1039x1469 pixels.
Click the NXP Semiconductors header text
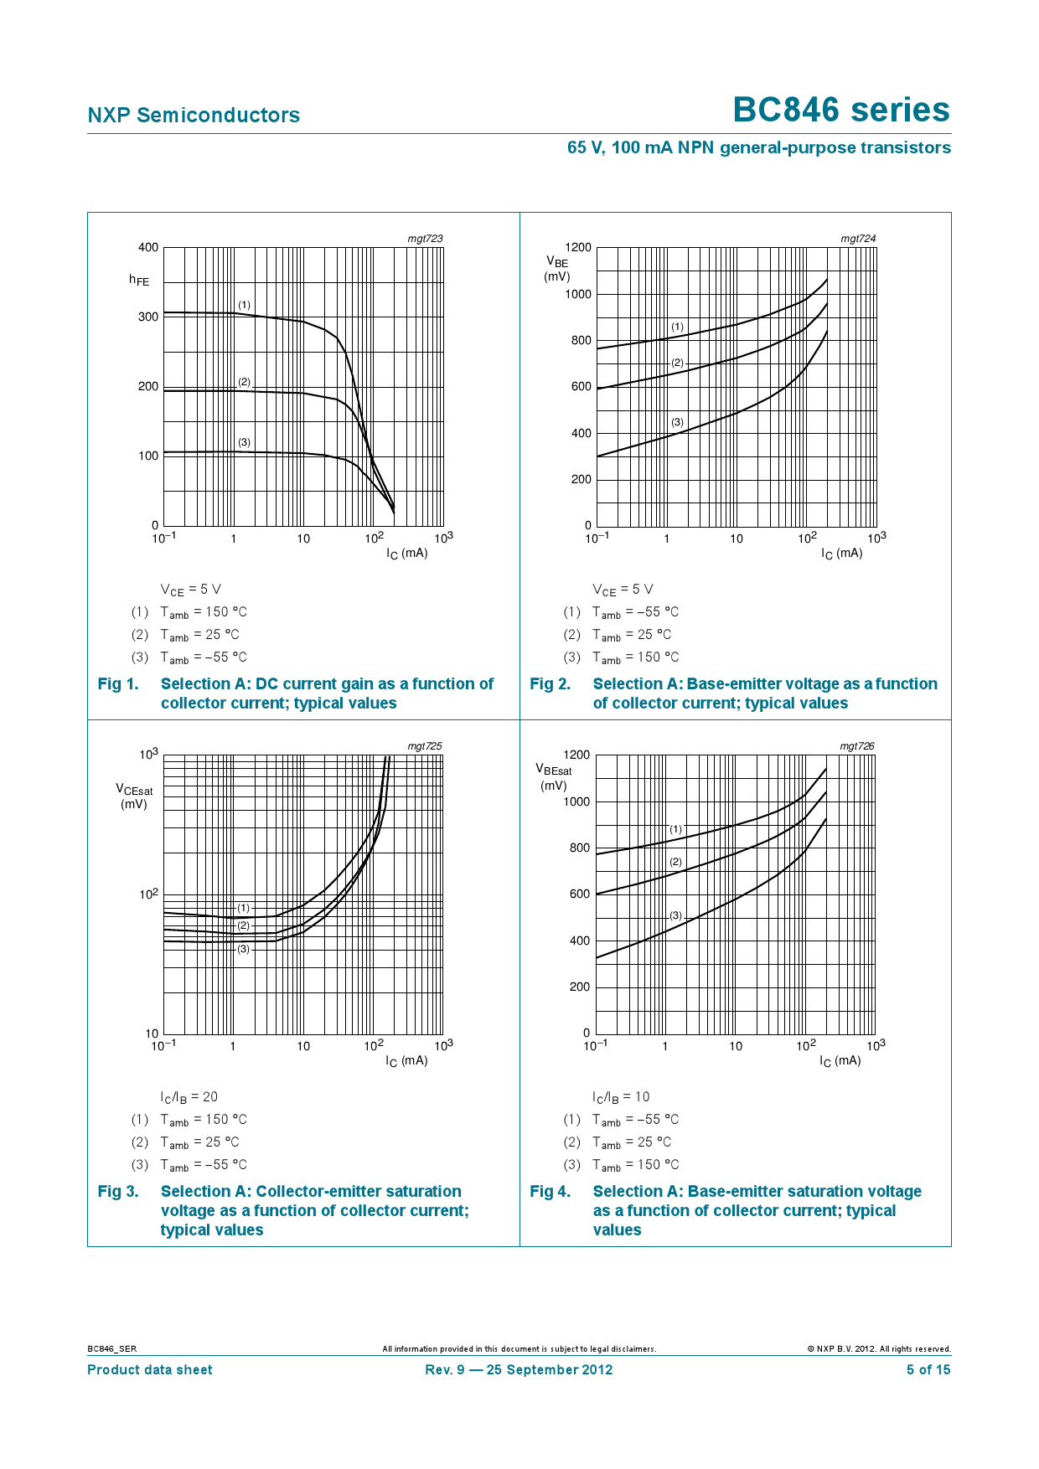pos(194,116)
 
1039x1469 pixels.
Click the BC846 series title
pos(841,110)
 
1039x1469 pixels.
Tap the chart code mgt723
pos(425,239)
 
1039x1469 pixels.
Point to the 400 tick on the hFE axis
pos(148,247)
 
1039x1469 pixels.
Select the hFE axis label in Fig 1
pos(139,280)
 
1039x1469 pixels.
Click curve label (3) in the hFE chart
pos(244,442)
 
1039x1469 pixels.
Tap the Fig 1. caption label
pos(118,683)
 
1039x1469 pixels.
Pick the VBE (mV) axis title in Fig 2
pos(557,269)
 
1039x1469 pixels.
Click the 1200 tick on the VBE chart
pos(578,247)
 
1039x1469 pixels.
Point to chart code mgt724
pos(858,239)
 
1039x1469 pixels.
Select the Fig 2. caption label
pos(551,683)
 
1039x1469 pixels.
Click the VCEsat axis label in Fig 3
pos(134,796)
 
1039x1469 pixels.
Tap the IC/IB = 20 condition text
pos(189,1097)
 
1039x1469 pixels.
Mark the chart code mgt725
pos(425,746)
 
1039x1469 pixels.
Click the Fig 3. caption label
pos(118,1191)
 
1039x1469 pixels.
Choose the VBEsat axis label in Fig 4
pos(554,777)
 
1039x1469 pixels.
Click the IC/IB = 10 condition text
pos(621,1097)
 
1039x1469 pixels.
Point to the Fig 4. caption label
pos(551,1191)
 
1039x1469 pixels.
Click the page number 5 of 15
pos(928,1369)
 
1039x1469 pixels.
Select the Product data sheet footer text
pos(150,1369)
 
